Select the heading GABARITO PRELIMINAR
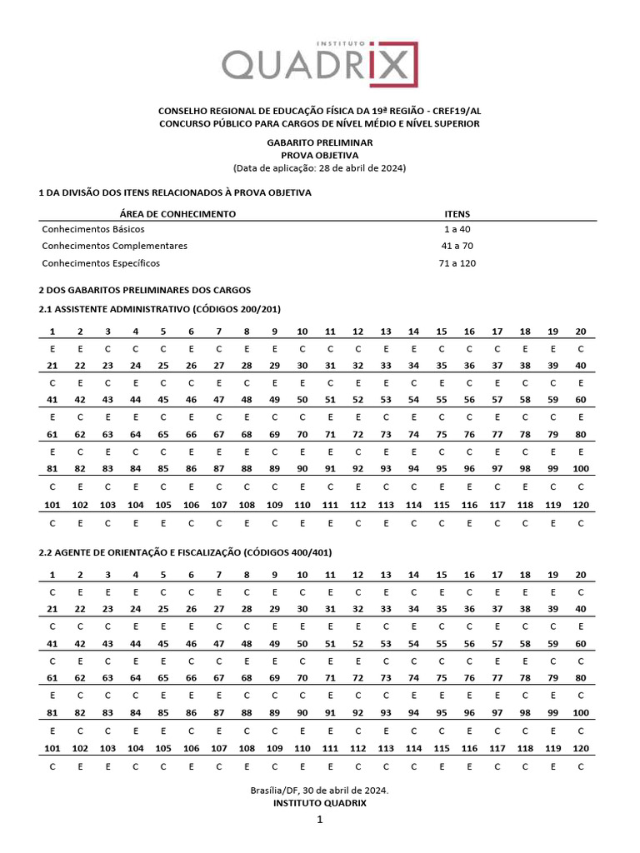[x=319, y=142]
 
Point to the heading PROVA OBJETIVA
[x=319, y=155]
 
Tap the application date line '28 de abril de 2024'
[x=319, y=167]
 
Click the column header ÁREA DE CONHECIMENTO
[x=177, y=214]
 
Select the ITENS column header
[x=457, y=214]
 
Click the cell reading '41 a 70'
[x=459, y=246]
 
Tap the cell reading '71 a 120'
[x=459, y=263]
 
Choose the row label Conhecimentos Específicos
[x=100, y=263]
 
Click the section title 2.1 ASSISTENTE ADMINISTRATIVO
[x=160, y=309]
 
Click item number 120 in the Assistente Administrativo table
[x=580, y=505]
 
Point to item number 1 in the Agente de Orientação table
[x=52, y=575]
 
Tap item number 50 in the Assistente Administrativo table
[x=302, y=400]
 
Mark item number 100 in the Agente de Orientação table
[x=580, y=712]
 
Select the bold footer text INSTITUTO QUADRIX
[x=319, y=803]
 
